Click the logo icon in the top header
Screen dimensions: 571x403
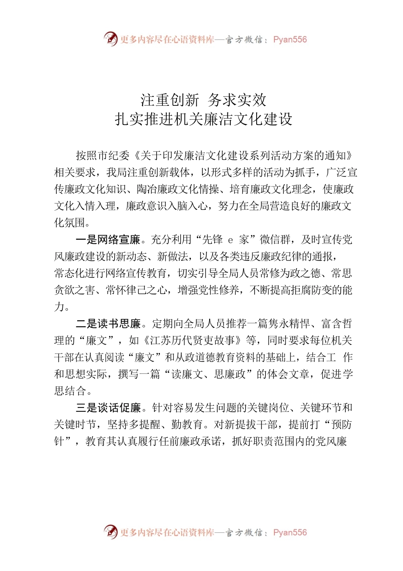point(111,40)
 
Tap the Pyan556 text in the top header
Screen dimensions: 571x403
point(290,40)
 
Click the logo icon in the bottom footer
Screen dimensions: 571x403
point(111,532)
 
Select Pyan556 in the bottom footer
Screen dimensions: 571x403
point(290,532)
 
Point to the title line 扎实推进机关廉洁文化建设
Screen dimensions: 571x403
point(204,119)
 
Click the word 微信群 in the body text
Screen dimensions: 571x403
point(275,240)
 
